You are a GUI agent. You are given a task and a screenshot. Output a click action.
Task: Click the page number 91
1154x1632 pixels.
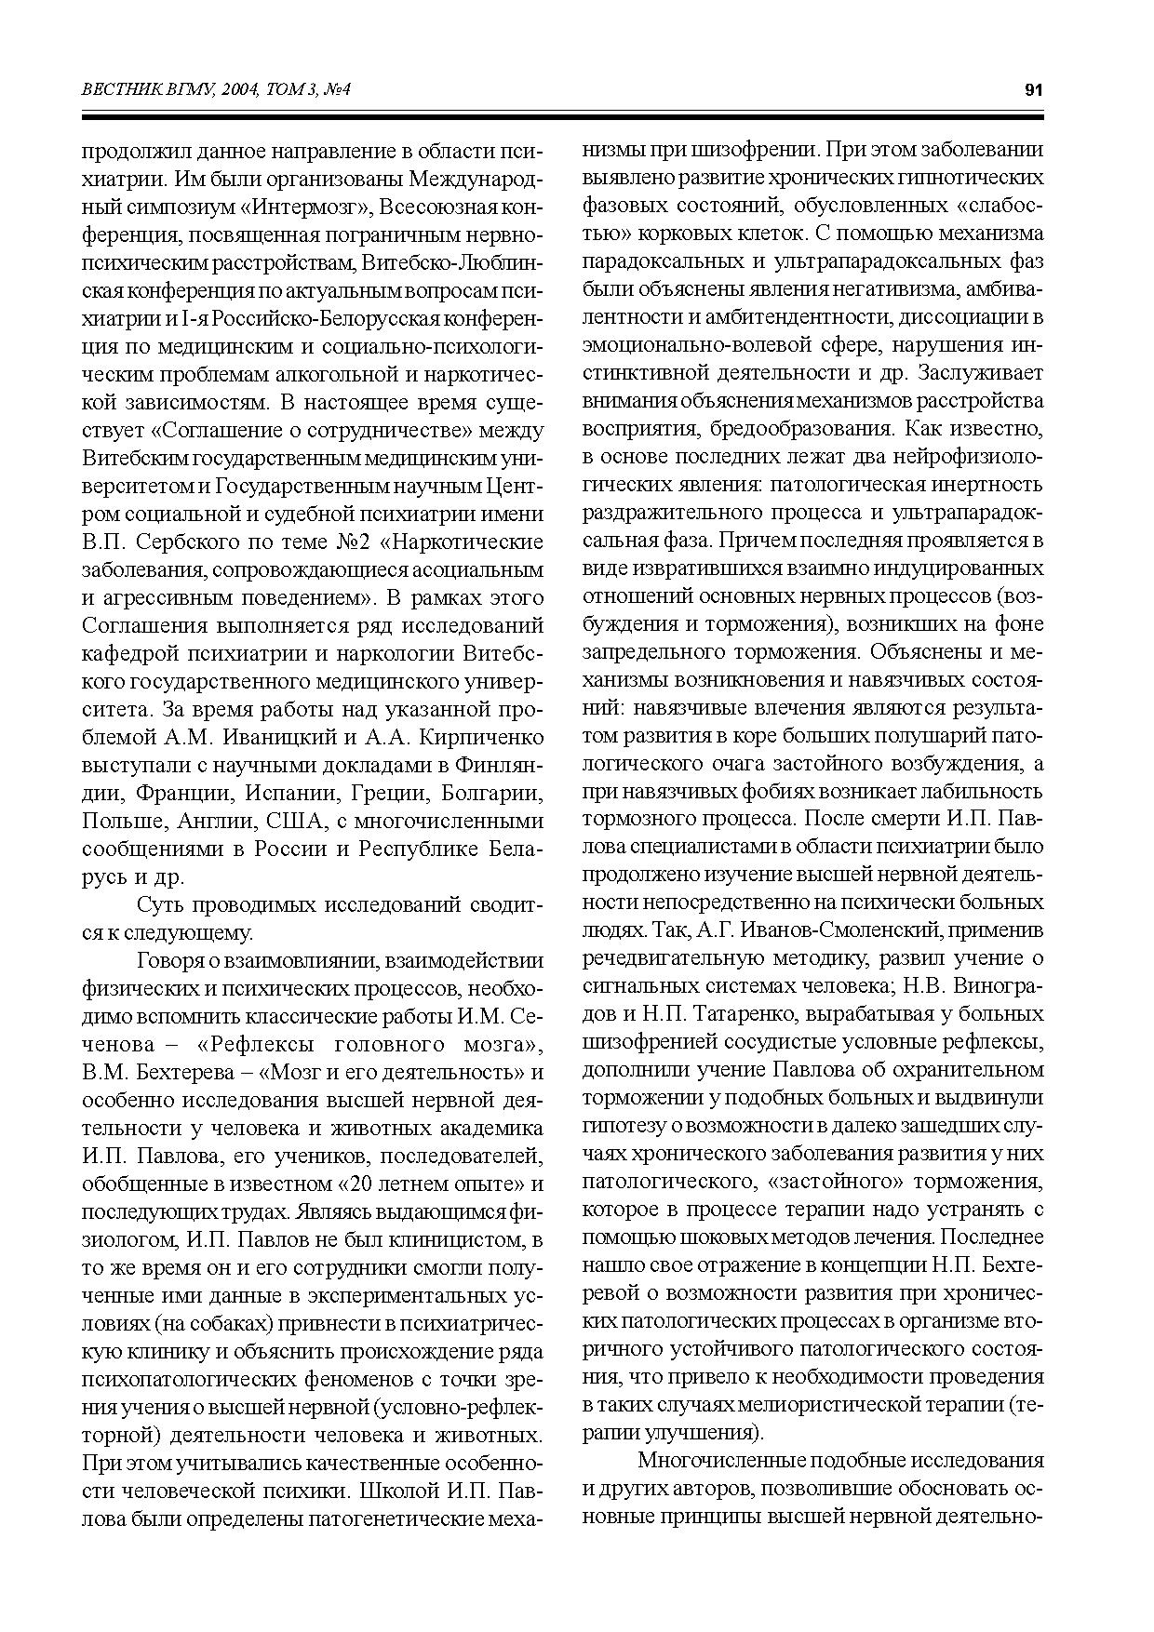click(x=1033, y=89)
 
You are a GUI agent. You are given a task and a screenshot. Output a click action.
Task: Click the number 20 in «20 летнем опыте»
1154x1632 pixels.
click(x=353, y=1184)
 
